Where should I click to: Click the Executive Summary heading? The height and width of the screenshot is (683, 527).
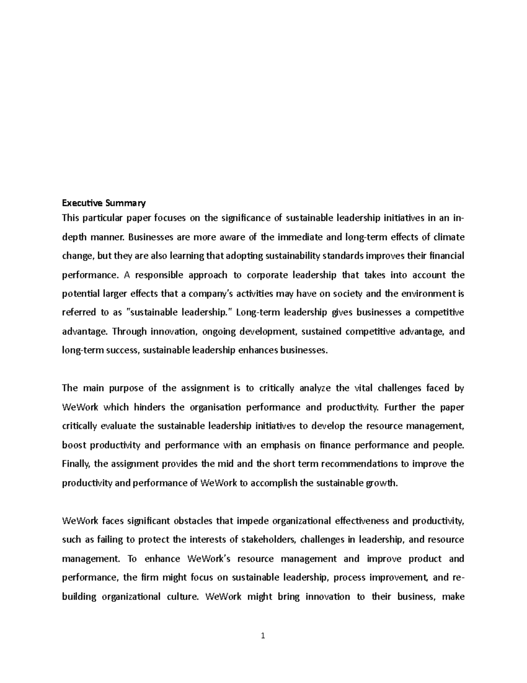pyautogui.click(x=104, y=203)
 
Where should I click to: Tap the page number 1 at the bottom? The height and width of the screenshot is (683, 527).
pyautogui.click(x=263, y=636)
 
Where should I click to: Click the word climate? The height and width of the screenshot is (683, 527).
pyautogui.click(x=449, y=237)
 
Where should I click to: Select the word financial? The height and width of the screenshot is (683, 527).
pyautogui.click(x=445, y=256)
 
